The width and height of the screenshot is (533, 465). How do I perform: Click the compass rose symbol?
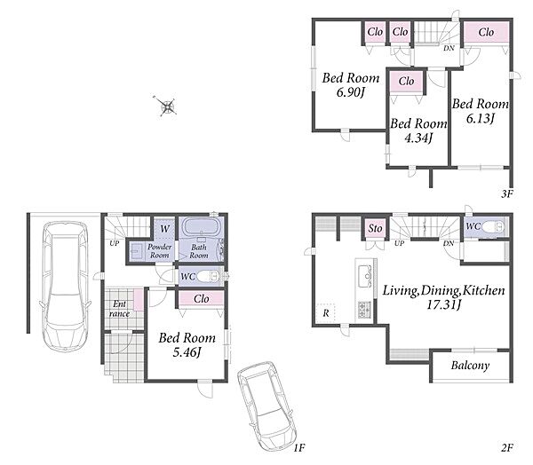(x=168, y=106)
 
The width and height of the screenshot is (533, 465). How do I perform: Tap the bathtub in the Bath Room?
(x=202, y=226)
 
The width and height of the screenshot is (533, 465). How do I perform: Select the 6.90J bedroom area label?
(x=351, y=92)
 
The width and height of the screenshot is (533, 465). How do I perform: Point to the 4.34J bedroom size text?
(x=418, y=138)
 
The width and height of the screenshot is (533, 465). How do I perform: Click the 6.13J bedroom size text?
(x=481, y=118)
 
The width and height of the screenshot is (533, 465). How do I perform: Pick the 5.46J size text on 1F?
(x=187, y=352)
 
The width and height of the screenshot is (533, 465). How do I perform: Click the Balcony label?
(x=471, y=366)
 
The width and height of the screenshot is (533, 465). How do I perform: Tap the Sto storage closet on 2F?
(x=375, y=228)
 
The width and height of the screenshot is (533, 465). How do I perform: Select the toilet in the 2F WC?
(x=493, y=227)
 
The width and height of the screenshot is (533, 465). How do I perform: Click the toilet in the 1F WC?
(x=209, y=275)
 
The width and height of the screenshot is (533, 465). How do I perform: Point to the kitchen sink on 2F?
(x=365, y=272)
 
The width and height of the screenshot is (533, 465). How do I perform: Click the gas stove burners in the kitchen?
(x=365, y=309)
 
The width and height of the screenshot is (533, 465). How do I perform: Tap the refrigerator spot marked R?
(x=326, y=312)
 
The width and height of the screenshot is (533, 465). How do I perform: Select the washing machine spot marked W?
(x=164, y=228)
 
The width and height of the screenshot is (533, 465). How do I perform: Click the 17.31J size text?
(x=443, y=304)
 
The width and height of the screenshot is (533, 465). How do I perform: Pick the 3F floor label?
(x=506, y=194)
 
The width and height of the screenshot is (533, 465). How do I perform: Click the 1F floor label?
(x=299, y=448)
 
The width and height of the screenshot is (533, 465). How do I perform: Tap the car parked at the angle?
(x=266, y=406)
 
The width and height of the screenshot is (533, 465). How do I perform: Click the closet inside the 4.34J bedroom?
(x=407, y=82)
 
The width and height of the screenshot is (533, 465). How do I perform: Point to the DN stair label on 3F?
(x=449, y=49)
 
